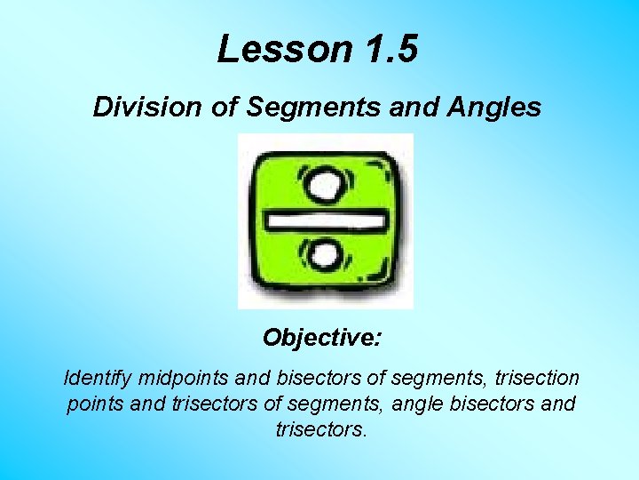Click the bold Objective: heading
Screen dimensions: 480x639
[x=322, y=339]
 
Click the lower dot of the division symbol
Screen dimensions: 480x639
[x=325, y=258]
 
